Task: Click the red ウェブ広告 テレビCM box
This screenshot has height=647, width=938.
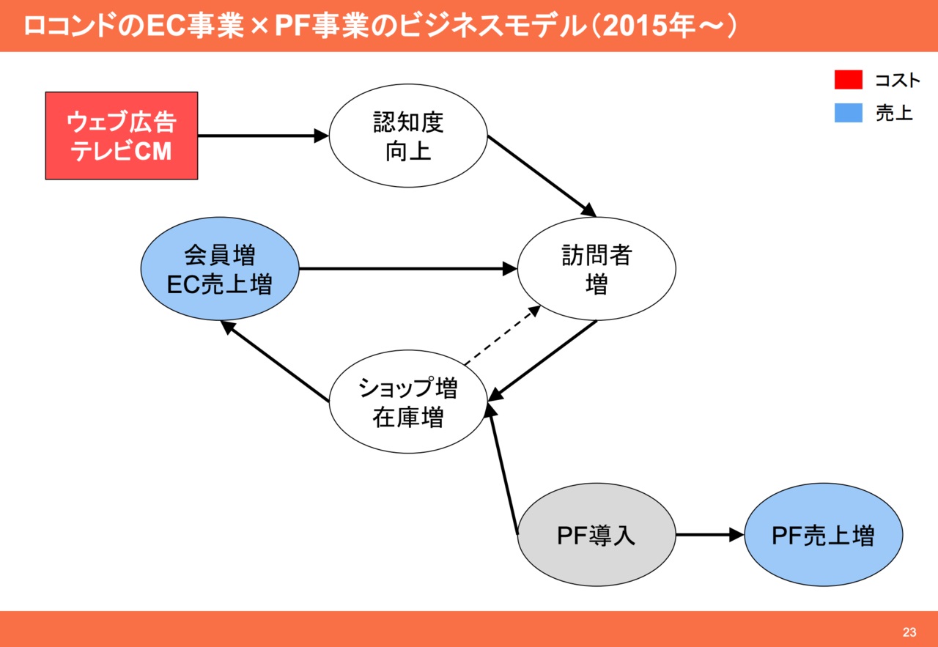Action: click(122, 136)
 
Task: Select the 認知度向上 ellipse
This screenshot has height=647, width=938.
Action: click(408, 136)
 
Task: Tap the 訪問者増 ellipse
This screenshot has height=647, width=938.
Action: click(597, 269)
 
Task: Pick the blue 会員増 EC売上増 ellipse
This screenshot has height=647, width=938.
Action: click(220, 269)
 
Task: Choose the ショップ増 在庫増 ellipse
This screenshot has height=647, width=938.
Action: click(408, 402)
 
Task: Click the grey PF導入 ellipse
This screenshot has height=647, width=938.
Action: click(597, 535)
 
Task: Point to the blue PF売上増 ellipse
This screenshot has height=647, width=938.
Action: click(823, 535)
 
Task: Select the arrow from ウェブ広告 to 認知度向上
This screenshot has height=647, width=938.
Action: click(262, 136)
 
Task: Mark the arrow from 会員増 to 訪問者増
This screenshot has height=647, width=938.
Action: click(407, 269)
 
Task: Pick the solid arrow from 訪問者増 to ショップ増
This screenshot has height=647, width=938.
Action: click(543, 361)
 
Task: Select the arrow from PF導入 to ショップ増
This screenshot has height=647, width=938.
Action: click(504, 469)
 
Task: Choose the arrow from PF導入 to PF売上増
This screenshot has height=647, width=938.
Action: click(709, 535)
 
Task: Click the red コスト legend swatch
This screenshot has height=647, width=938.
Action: click(848, 80)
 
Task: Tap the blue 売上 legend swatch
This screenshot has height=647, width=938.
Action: click(848, 113)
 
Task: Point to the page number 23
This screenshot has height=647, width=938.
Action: click(909, 632)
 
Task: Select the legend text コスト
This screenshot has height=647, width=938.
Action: click(897, 80)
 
